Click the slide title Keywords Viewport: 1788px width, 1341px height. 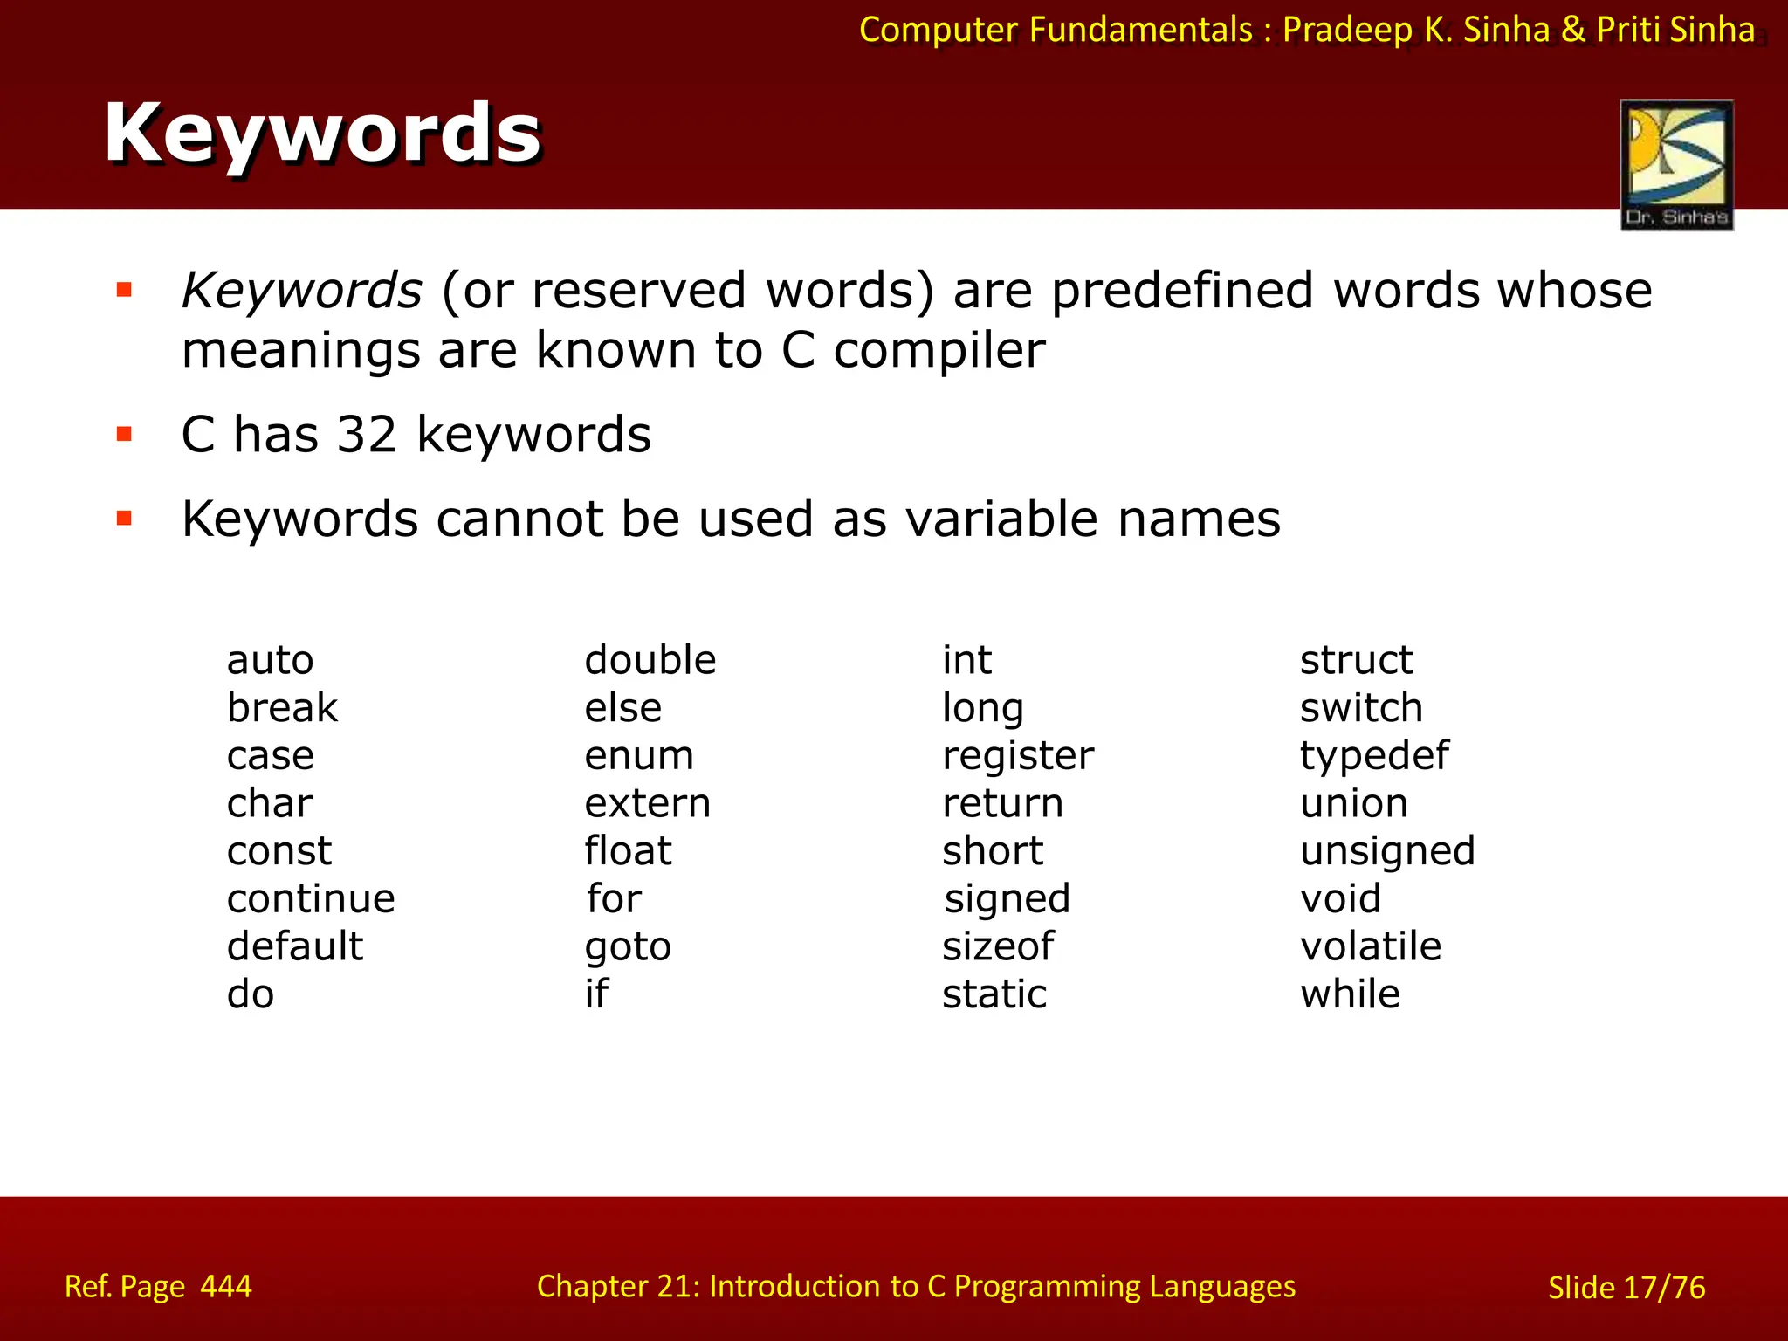click(x=322, y=133)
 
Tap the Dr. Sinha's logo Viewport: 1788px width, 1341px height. click(x=1676, y=164)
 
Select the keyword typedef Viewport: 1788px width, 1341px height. click(x=1373, y=755)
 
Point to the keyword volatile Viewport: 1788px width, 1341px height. click(x=1370, y=946)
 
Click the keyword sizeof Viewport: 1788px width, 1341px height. click(x=998, y=946)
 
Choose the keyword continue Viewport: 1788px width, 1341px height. click(x=311, y=898)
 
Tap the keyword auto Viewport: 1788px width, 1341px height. click(x=270, y=660)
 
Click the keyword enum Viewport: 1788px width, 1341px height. click(x=639, y=755)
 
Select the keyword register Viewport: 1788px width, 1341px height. click(x=1017, y=756)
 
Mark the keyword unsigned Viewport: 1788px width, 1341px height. click(x=1387, y=851)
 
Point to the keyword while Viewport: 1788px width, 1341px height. click(x=1350, y=994)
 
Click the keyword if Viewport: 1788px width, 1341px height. click(x=596, y=994)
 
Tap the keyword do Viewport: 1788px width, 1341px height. click(x=251, y=994)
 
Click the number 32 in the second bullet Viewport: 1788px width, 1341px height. click(x=367, y=435)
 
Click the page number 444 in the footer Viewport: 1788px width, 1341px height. click(x=226, y=1286)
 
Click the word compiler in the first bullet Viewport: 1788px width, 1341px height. click(x=939, y=351)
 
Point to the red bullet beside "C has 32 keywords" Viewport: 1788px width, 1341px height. click(x=124, y=434)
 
